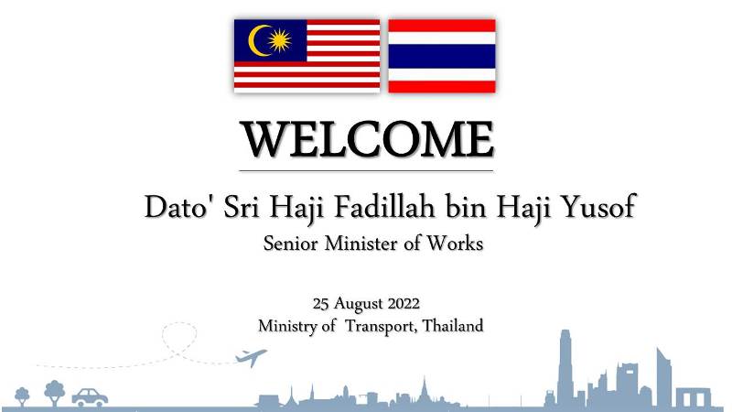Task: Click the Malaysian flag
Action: click(x=307, y=56)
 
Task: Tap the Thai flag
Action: click(x=442, y=56)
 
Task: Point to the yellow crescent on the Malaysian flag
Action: click(x=257, y=40)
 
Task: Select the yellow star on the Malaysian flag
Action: click(x=280, y=40)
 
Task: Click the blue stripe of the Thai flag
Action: click(x=442, y=57)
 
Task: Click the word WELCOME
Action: click(x=367, y=139)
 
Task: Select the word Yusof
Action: click(x=598, y=206)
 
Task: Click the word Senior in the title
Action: click(x=290, y=244)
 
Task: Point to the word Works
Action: click(x=455, y=244)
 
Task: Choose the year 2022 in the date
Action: click(x=404, y=304)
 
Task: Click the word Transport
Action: click(x=381, y=326)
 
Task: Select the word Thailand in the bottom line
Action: click(x=452, y=325)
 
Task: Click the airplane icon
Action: click(x=251, y=357)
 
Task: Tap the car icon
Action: click(x=90, y=397)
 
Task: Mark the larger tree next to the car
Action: click(x=55, y=393)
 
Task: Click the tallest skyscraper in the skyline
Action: click(x=565, y=369)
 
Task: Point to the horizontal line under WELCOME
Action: click(x=367, y=171)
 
